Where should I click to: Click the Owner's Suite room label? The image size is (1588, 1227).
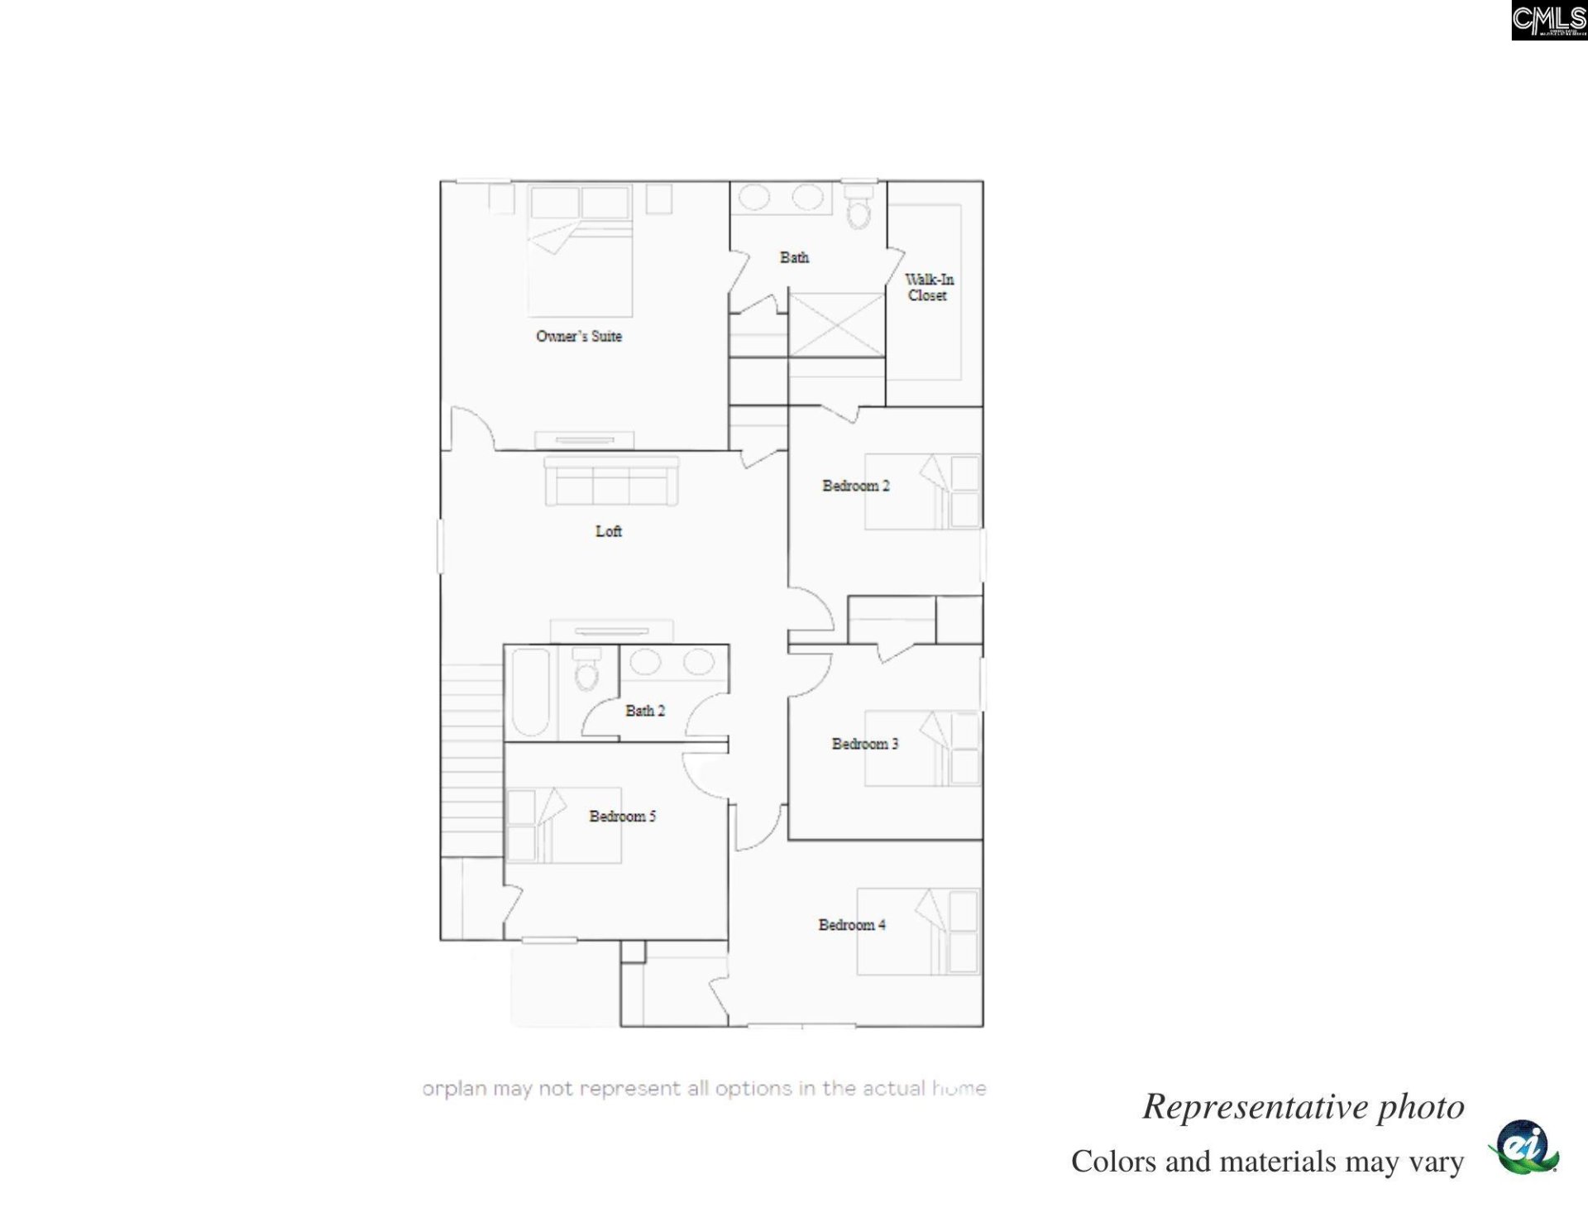click(578, 336)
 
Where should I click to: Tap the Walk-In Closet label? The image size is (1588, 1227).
click(928, 287)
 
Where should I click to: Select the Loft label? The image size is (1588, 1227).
click(608, 531)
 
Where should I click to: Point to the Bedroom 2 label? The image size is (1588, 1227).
click(855, 486)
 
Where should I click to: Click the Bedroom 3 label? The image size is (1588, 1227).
click(864, 744)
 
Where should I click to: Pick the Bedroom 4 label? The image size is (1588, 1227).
click(851, 924)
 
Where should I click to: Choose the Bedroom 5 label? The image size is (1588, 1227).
click(622, 816)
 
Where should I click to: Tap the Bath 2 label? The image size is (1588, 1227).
click(644, 710)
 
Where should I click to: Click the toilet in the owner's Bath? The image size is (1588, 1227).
click(859, 207)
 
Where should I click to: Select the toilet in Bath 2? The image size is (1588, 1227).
click(586, 669)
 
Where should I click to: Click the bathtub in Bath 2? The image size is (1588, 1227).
click(530, 692)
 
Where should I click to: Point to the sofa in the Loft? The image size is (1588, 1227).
click(611, 482)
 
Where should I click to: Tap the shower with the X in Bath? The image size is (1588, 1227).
click(836, 324)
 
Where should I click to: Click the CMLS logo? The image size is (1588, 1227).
click(1548, 20)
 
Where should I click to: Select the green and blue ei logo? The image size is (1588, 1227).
click(1523, 1147)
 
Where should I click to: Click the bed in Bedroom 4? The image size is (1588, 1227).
click(918, 932)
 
